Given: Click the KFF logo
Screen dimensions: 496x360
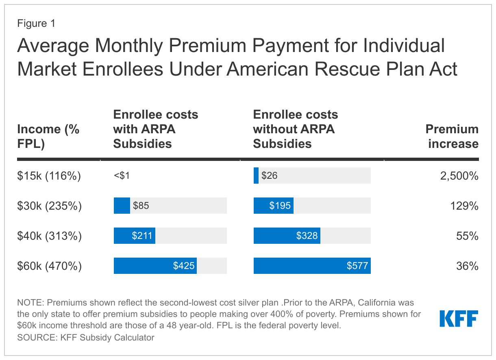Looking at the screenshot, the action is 459,319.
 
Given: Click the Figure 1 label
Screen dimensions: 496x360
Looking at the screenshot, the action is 36,24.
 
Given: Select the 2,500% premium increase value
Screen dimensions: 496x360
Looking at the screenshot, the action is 459,176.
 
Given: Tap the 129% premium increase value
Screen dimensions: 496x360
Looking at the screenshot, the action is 464,206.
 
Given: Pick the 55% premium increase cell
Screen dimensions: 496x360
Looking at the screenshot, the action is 467,236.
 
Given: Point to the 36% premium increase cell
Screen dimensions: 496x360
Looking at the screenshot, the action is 467,266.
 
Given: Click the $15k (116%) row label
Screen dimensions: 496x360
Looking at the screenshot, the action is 49,176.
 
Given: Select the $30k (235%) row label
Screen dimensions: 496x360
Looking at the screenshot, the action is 49,206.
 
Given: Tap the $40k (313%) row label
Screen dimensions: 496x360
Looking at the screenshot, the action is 49,236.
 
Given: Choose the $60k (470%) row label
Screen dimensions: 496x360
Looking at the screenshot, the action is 49,266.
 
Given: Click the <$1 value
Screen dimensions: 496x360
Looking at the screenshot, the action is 122,176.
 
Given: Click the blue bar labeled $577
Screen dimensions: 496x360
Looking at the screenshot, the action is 312,266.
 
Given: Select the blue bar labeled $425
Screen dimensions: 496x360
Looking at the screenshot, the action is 155,266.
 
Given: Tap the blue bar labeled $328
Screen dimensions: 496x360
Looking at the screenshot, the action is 287,236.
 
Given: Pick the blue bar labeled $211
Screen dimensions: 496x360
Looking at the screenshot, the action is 135,236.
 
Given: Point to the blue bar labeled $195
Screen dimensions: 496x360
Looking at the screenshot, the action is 274,206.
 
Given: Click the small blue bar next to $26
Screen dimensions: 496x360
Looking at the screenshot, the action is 256,176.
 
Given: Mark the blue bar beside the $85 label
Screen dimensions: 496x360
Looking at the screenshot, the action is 122,206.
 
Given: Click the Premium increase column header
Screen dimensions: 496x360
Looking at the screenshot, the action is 452,136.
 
